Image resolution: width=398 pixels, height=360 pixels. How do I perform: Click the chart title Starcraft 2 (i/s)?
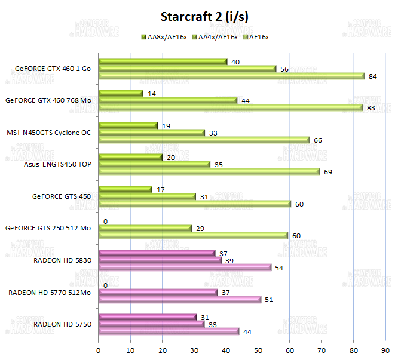[x=204, y=17]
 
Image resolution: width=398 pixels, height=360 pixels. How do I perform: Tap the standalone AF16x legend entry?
[x=258, y=38]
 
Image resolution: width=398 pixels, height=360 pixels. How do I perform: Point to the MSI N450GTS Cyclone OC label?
[x=49, y=133]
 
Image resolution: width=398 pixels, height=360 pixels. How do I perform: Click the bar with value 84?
[x=231, y=76]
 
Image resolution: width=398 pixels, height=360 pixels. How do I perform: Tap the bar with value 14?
[x=121, y=93]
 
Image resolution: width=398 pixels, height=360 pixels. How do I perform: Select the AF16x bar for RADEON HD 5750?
[x=169, y=331]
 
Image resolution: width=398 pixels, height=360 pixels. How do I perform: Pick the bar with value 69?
[x=209, y=172]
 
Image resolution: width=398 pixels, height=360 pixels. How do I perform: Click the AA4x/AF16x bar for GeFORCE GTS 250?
[x=145, y=229]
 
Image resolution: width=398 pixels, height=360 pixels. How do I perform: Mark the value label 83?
[x=371, y=108]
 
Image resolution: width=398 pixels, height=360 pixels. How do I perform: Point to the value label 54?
[x=279, y=268]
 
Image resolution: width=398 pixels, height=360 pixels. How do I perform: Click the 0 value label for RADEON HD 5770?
[x=105, y=285]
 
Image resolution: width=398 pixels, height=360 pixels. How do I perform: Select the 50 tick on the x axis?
[x=258, y=346]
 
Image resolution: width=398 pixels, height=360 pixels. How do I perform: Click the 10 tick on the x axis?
[x=130, y=346]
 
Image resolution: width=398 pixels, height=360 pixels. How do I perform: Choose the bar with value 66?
[x=204, y=140]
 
